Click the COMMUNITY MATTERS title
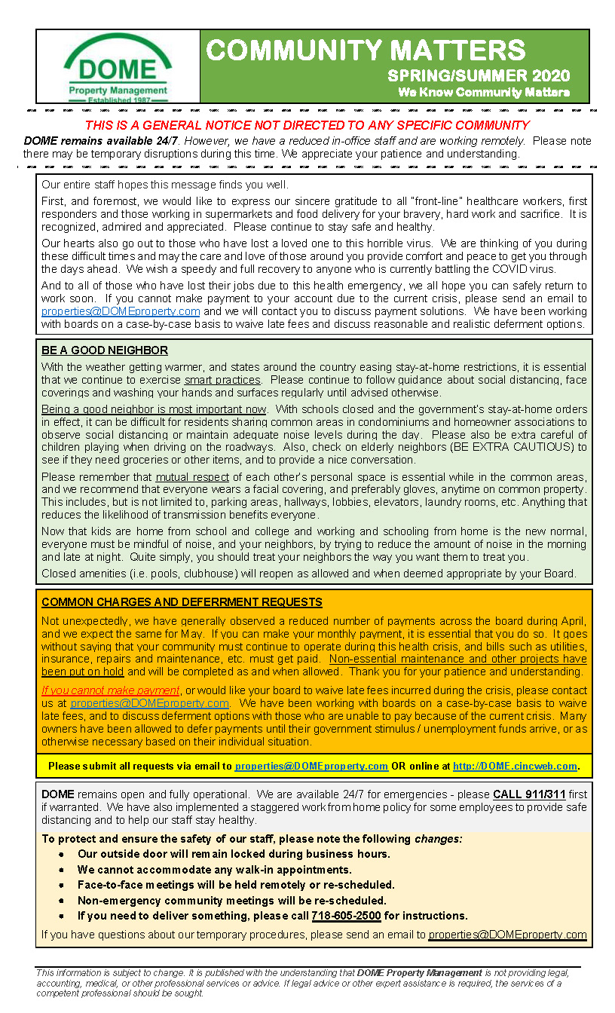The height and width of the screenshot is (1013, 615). pos(366,50)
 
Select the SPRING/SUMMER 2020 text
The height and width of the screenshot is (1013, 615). pos(479,76)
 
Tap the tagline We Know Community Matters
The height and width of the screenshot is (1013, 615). pos(483,93)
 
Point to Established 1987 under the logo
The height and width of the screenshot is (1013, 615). pos(118,99)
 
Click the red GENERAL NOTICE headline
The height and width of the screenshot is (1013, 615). pos(307,125)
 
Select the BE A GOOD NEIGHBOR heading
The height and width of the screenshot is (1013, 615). pos(105,350)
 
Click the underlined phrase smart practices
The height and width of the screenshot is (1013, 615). pos(222,380)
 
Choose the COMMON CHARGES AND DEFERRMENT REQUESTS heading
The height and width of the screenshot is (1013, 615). pos(182,602)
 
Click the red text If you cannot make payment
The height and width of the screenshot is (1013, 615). pos(111,690)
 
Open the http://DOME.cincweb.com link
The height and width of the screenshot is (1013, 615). pos(516,766)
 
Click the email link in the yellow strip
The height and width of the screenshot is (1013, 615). pos(311,766)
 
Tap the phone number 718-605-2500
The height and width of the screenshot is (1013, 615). pos(346,916)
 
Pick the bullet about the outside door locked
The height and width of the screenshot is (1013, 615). pos(234,854)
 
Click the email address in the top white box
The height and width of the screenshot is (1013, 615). pos(121,311)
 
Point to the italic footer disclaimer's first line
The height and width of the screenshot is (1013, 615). pos(301,973)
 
